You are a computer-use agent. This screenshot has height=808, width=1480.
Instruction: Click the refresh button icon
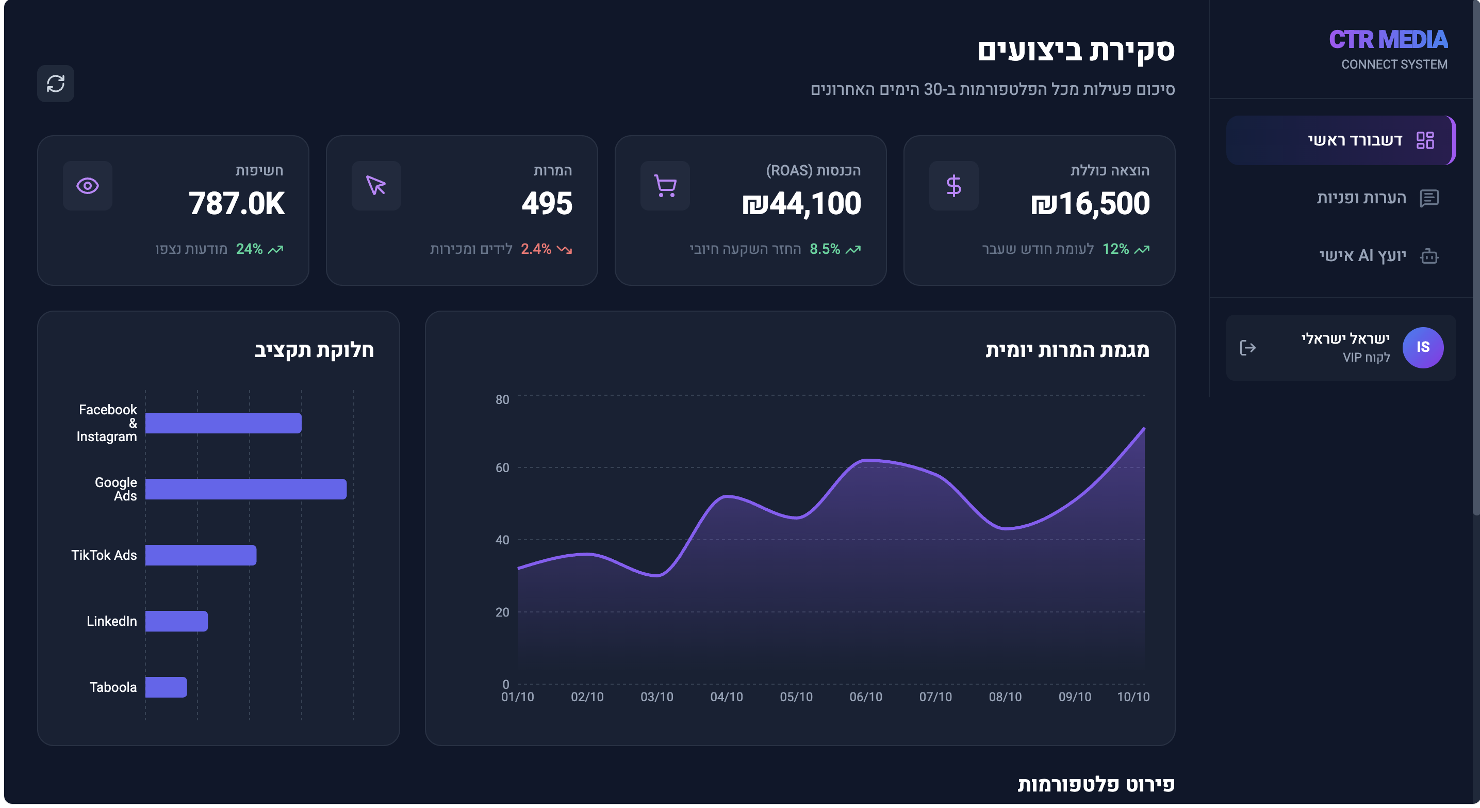[x=56, y=84]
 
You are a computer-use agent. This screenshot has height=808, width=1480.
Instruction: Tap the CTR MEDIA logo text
[x=1388, y=40]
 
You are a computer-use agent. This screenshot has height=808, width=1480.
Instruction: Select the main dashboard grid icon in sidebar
[x=1425, y=140]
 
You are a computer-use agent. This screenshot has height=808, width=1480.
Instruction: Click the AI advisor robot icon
[x=1429, y=256]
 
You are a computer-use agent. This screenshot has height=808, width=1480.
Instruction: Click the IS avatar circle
[x=1423, y=347]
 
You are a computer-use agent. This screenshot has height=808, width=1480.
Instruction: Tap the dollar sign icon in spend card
[x=953, y=186]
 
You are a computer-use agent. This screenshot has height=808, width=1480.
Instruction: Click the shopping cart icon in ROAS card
[x=665, y=186]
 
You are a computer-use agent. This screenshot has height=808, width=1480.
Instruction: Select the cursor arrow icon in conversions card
[x=376, y=186]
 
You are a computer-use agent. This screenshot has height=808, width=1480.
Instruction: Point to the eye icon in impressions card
[x=87, y=186]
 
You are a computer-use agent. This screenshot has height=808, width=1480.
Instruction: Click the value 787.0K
[x=236, y=203]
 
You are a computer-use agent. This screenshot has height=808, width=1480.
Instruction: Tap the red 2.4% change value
[x=535, y=249]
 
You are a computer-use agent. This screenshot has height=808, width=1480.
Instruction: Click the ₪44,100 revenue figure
[x=801, y=203]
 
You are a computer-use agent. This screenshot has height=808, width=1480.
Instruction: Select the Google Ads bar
[x=245, y=489]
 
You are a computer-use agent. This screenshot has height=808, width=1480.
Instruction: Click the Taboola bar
[x=166, y=687]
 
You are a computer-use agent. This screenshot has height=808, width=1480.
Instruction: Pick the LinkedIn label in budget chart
[x=111, y=621]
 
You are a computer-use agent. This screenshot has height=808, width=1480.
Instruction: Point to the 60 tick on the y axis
[x=502, y=468]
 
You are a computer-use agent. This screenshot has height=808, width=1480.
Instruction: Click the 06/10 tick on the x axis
[x=865, y=697]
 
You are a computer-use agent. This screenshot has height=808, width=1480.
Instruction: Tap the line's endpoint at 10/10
[x=1144, y=429]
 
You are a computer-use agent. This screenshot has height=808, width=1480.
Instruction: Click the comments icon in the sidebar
[x=1429, y=198]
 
